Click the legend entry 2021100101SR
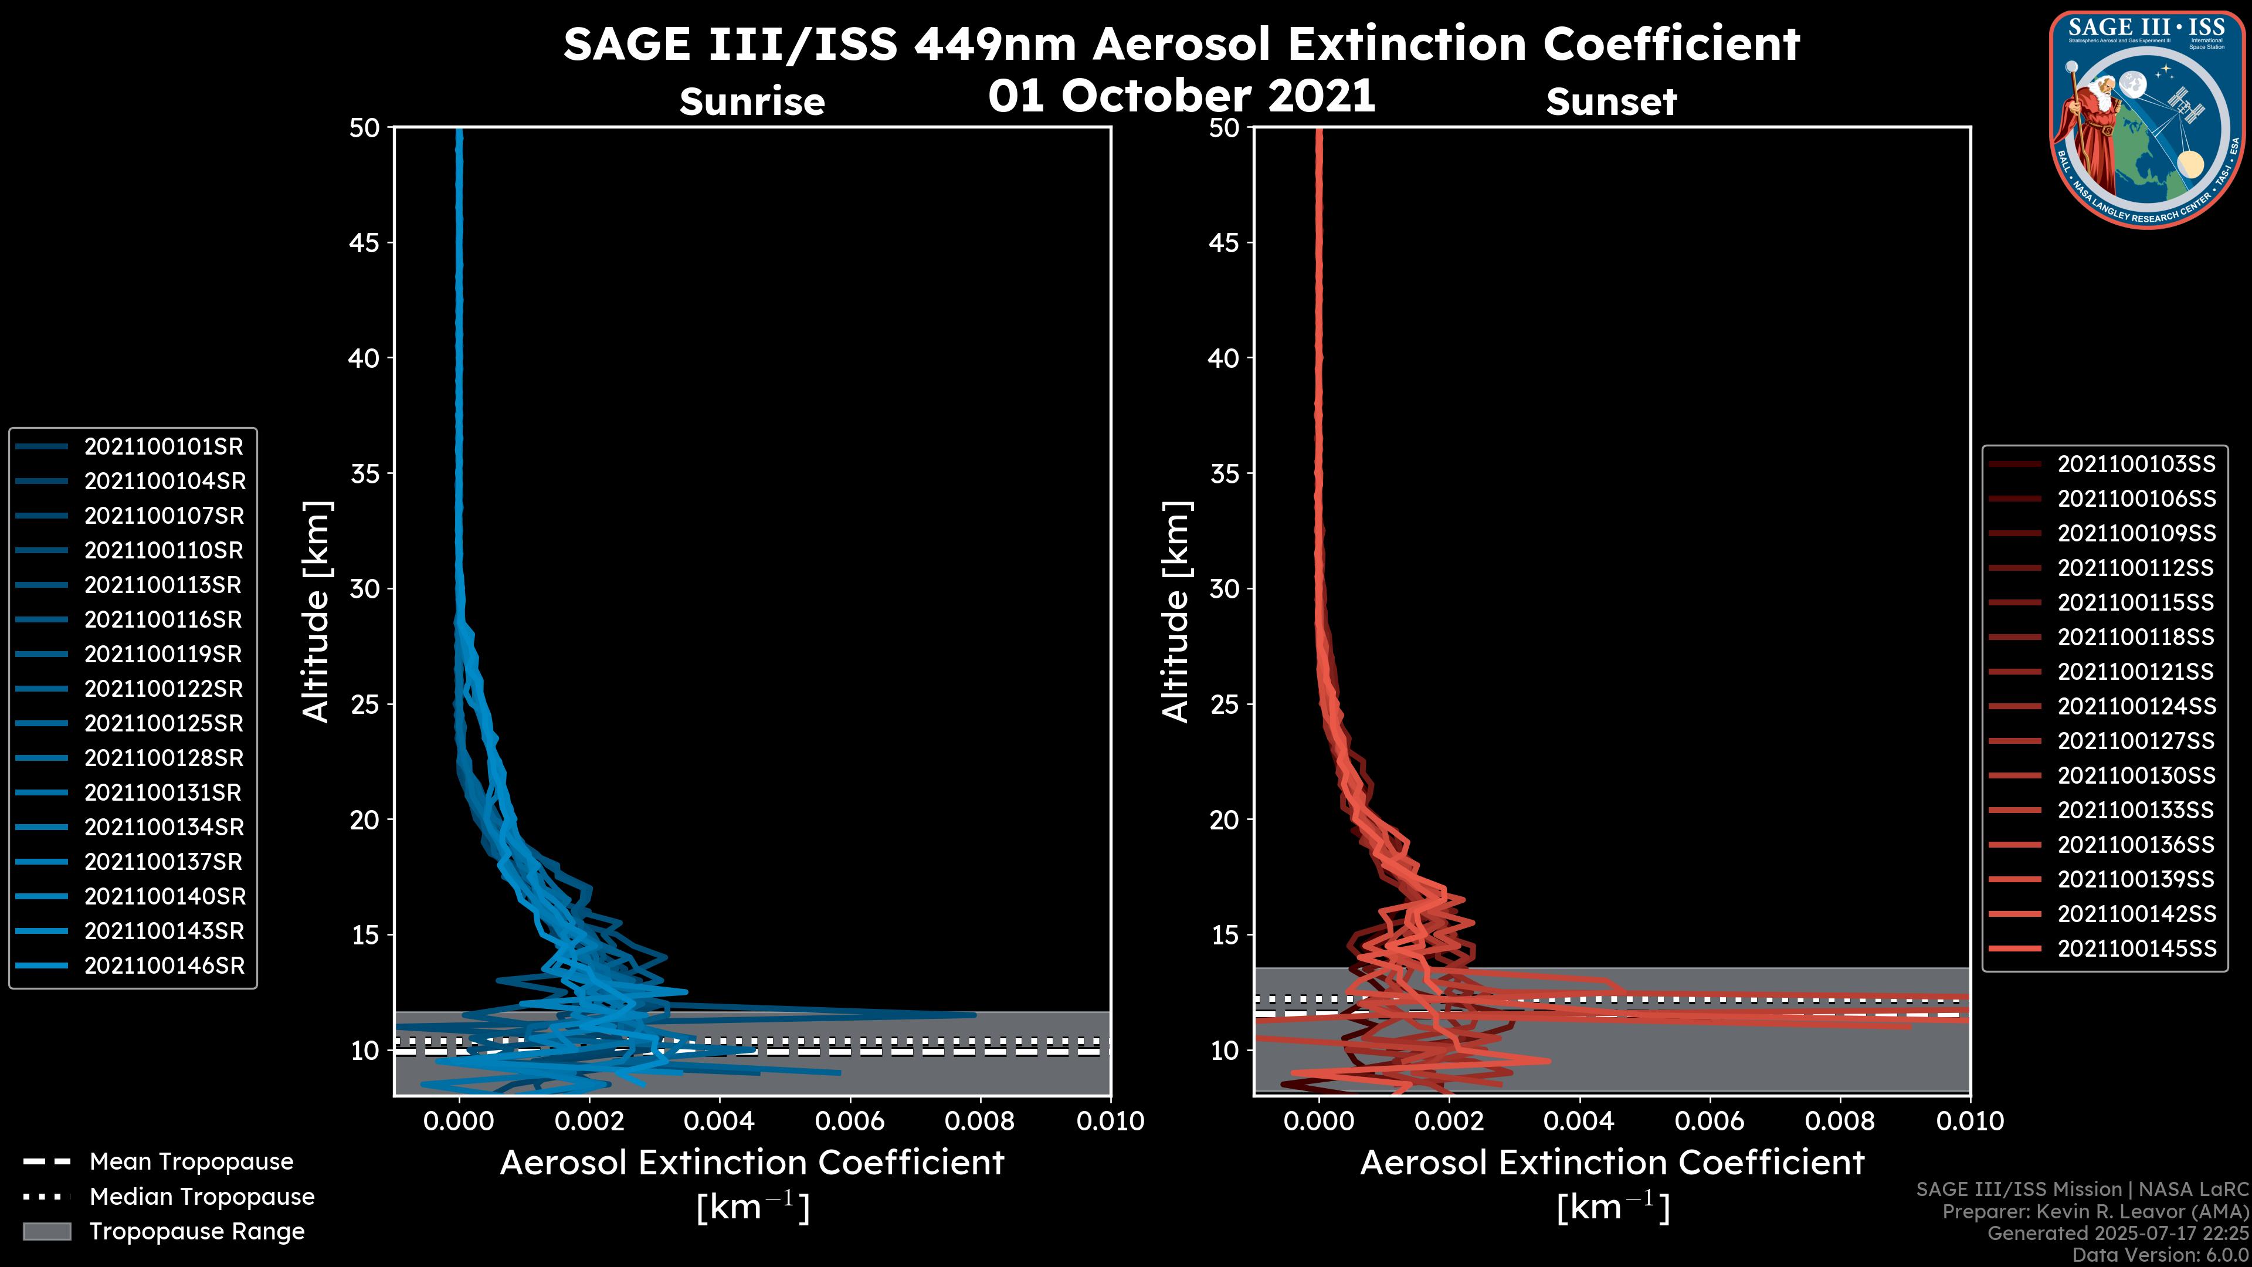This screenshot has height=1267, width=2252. click(164, 447)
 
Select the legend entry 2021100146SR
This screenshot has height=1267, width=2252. click(164, 966)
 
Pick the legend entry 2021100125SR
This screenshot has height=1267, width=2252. click(164, 724)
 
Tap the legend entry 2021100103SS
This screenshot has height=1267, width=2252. click(2136, 465)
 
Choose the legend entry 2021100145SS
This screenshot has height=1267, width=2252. click(2136, 948)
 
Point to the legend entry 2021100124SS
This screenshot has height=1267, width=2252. click(2136, 706)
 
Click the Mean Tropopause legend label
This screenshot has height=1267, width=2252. click(191, 1162)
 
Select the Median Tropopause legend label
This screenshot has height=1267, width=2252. click(202, 1197)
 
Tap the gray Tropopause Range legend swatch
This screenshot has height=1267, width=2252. click(46, 1232)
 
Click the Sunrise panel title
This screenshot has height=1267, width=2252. click(752, 102)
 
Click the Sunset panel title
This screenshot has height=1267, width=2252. click(1611, 102)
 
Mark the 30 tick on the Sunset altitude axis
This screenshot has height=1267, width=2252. click(1225, 590)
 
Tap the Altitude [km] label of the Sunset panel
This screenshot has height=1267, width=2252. click(1176, 612)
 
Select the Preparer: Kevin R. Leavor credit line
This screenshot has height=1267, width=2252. click(2095, 1212)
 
